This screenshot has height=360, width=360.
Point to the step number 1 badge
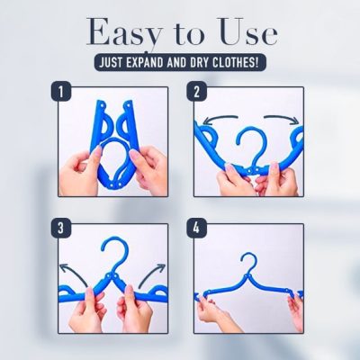[x=60, y=91]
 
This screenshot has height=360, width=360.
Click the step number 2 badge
[x=197, y=91]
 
